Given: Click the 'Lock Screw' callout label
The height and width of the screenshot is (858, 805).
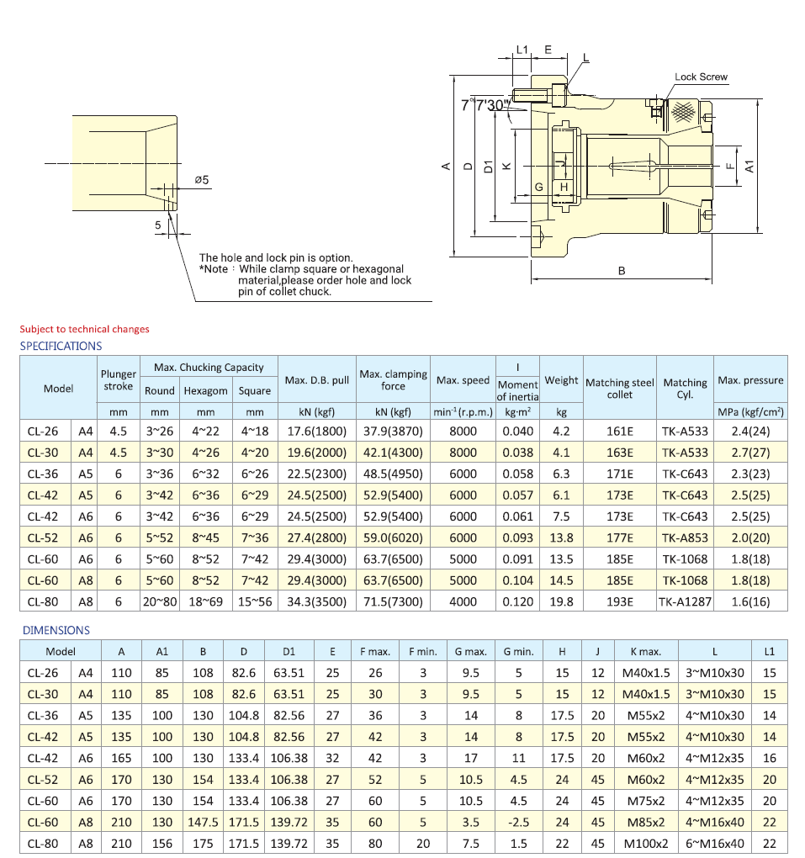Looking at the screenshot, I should [x=701, y=77].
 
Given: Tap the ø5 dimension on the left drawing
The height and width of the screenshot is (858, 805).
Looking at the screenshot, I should [x=201, y=179].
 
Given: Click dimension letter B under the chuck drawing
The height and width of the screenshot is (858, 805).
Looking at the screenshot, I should [x=622, y=271].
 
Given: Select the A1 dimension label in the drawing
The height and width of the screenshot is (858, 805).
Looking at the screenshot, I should [x=748, y=167].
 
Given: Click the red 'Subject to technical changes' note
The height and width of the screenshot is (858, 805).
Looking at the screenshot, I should [x=84, y=329].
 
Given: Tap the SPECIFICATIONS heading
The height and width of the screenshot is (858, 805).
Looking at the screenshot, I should [x=61, y=346].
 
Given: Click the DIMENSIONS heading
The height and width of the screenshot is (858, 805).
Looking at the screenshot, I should [x=56, y=630].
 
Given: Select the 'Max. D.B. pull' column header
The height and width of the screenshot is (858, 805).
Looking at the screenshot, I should [x=316, y=380].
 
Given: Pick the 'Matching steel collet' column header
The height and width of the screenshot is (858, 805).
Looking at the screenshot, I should [x=619, y=388].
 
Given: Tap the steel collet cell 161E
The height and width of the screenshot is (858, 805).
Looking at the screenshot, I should [x=619, y=431].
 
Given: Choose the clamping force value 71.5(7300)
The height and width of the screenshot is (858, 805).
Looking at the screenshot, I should [x=393, y=601].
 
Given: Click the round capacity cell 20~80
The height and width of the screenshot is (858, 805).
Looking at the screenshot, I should [x=159, y=601].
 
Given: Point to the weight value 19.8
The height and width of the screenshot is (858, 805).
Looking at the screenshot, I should [x=561, y=601].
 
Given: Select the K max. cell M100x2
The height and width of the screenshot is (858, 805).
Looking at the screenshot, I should [x=645, y=844].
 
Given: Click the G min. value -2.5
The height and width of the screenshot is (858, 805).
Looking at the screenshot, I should [x=519, y=822].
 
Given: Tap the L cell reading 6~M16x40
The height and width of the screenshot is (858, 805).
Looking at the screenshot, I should [x=714, y=844].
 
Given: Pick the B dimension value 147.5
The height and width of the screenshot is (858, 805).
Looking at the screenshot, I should [x=203, y=822].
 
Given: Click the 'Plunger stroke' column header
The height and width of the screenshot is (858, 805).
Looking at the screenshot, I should [x=118, y=380].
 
